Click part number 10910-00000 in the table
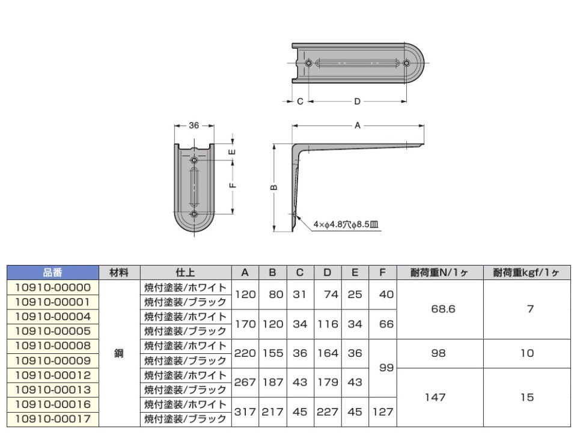click(x=53, y=287)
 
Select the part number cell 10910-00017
click(x=53, y=418)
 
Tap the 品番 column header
click(x=53, y=272)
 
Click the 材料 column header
click(x=119, y=272)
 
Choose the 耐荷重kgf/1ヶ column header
click(x=527, y=272)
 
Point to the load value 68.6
click(x=439, y=309)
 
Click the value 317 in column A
click(x=245, y=412)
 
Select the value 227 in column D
click(x=327, y=412)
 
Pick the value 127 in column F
click(x=383, y=412)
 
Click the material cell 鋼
click(x=119, y=353)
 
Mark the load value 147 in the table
click(x=439, y=397)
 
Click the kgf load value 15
click(x=527, y=397)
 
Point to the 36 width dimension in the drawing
click(x=194, y=126)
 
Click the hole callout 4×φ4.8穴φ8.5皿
click(x=346, y=225)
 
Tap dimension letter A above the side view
click(x=358, y=126)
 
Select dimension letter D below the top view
click(x=357, y=102)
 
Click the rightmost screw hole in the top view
click(x=407, y=63)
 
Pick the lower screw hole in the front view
click(x=194, y=214)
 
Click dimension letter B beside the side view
click(x=273, y=187)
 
